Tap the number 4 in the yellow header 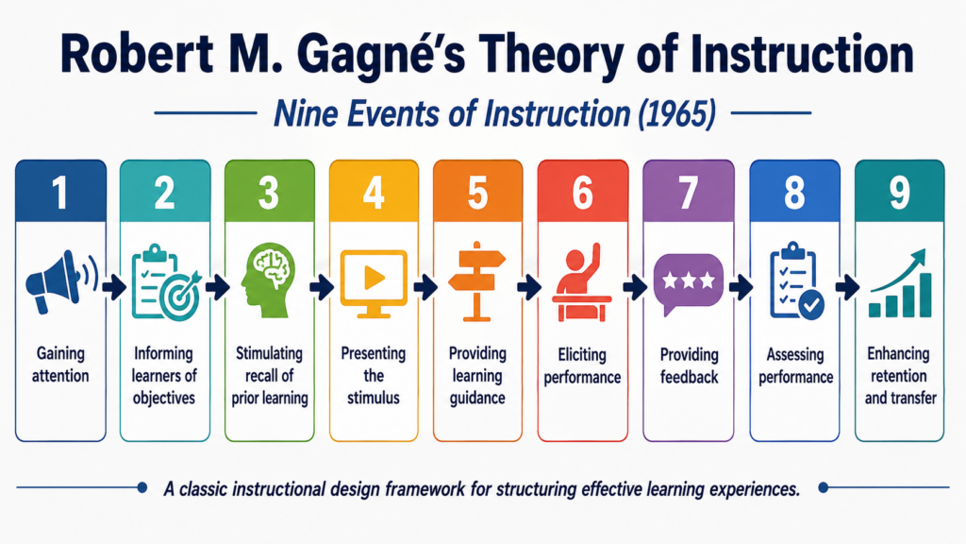374,193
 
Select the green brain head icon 268,281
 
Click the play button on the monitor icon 374,278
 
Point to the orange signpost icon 476,281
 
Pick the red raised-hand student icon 581,282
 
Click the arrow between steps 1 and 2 113,287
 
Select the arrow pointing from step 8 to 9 848,287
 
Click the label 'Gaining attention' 60,365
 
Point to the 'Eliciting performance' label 582,365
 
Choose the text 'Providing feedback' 689,365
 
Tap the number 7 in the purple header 688,193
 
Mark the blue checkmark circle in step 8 811,305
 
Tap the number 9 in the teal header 899,193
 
